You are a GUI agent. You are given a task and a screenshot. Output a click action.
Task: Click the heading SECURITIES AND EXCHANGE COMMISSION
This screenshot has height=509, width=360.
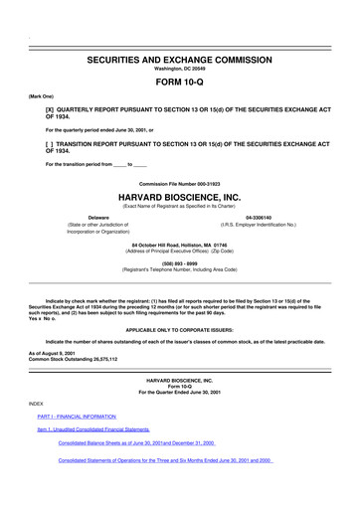tap(179, 60)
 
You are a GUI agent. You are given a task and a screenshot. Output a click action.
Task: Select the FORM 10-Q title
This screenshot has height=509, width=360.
tap(179, 84)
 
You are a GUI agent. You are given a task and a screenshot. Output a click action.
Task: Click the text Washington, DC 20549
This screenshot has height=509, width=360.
tap(179, 70)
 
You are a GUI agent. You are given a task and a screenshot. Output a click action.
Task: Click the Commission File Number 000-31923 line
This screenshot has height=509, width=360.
tap(179, 183)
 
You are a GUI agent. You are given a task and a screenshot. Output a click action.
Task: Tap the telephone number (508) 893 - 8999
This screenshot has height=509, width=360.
tap(179, 264)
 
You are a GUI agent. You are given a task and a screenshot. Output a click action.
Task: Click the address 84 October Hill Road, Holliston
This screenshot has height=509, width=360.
tap(179, 244)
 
